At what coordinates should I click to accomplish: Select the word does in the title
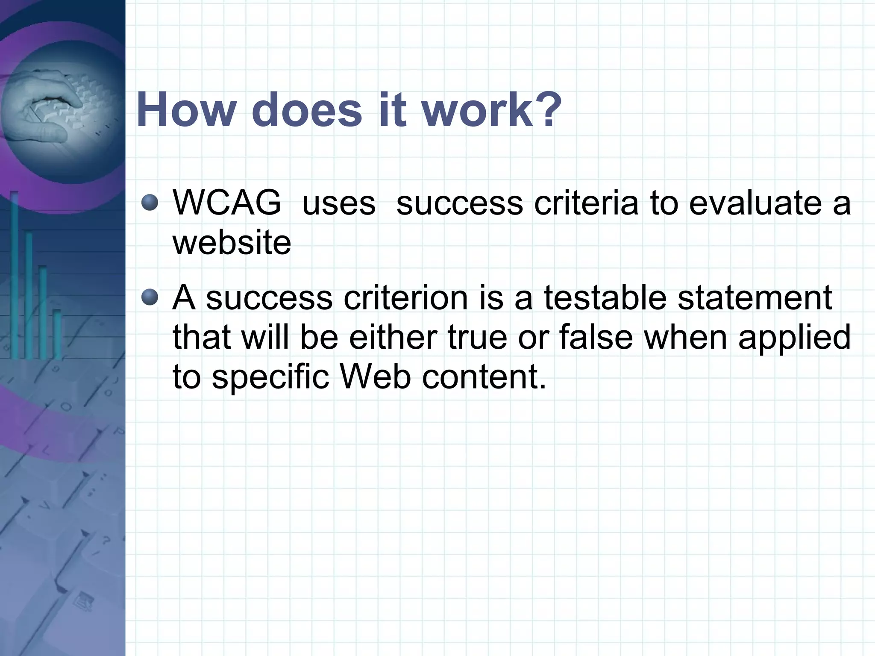pyautogui.click(x=307, y=110)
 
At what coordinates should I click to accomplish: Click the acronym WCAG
pyautogui.click(x=227, y=203)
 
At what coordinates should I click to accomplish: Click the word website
pyautogui.click(x=232, y=243)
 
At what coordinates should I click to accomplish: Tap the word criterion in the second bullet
pyautogui.click(x=405, y=297)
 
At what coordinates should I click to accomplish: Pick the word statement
pyautogui.click(x=755, y=297)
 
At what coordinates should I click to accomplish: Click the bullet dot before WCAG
pyautogui.click(x=150, y=203)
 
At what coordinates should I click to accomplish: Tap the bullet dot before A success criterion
pyautogui.click(x=150, y=297)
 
